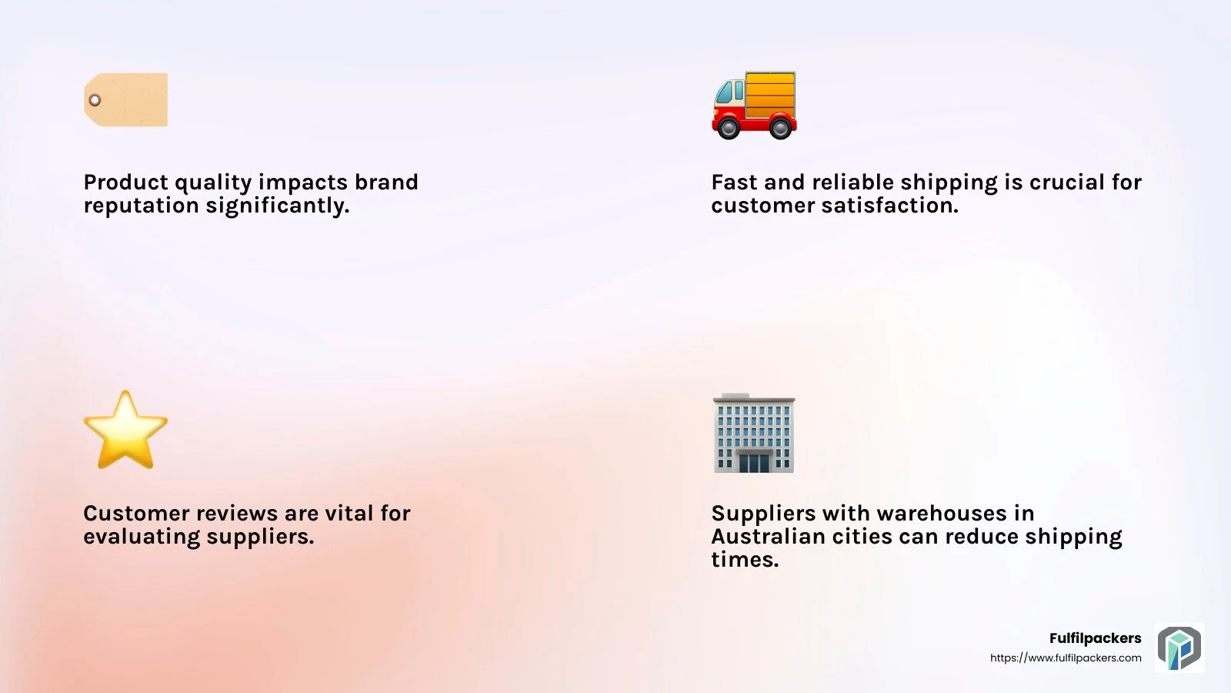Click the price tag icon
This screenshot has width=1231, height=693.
click(x=126, y=99)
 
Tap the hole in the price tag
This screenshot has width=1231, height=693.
click(x=95, y=100)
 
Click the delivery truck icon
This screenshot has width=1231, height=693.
click(x=754, y=105)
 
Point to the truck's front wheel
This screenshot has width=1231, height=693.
click(x=729, y=128)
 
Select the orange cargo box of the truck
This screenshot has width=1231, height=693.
click(x=770, y=95)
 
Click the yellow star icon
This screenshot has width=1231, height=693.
click(x=125, y=430)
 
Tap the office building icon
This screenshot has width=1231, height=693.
click(x=753, y=433)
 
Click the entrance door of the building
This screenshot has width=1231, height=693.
click(x=754, y=463)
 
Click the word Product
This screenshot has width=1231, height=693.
click(x=126, y=182)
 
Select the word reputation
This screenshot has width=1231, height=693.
click(x=142, y=206)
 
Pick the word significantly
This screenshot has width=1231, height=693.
click(x=278, y=206)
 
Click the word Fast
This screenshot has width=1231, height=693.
click(x=734, y=182)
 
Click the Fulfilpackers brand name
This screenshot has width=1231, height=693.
click(x=1096, y=638)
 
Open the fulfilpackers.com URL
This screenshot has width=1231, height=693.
click(x=1066, y=658)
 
